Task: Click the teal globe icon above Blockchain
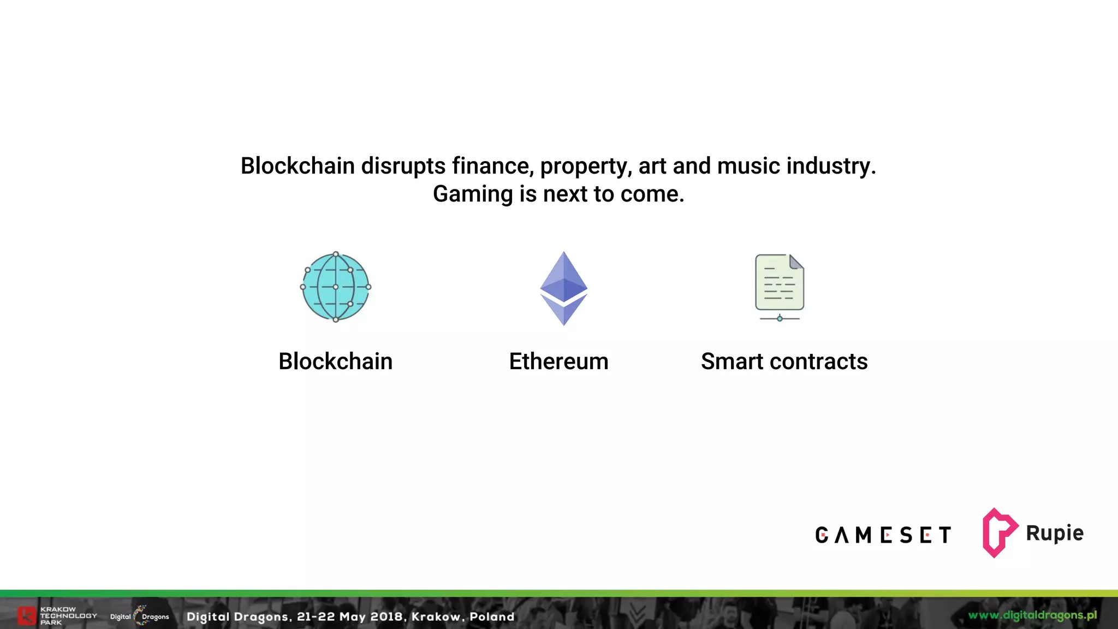(336, 287)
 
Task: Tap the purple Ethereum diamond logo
(563, 288)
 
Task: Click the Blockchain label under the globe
(335, 361)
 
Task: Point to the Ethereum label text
(558, 361)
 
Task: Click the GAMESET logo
(883, 535)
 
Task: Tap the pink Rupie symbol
(998, 532)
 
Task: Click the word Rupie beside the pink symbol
(1055, 533)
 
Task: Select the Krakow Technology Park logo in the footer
(57, 616)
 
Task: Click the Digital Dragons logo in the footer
(140, 616)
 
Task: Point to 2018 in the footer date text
(386, 616)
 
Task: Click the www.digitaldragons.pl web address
(1032, 615)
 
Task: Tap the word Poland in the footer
(492, 616)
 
